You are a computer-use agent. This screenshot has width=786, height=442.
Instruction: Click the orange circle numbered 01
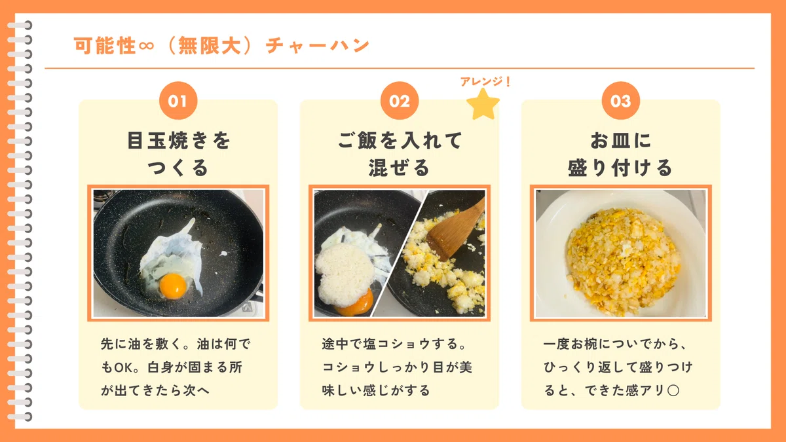tap(178, 101)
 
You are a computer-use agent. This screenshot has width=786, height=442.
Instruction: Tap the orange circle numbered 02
tap(400, 101)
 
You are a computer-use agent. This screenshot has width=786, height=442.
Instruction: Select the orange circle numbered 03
tap(621, 101)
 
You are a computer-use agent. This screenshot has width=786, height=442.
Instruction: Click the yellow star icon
tap(483, 104)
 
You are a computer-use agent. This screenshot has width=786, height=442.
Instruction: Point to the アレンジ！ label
tap(485, 81)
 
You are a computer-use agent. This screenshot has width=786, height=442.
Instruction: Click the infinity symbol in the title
tap(146, 46)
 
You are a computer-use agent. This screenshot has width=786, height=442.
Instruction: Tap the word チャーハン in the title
tap(318, 46)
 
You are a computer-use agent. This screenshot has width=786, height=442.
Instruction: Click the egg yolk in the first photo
tap(173, 286)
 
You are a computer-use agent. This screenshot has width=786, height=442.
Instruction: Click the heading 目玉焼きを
tap(179, 141)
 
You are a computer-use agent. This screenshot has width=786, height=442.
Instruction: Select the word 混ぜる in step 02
tap(399, 168)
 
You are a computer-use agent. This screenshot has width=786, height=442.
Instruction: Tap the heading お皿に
tap(620, 140)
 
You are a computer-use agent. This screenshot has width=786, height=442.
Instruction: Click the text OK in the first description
tap(122, 367)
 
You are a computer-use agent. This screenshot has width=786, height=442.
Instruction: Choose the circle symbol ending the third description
tap(673, 390)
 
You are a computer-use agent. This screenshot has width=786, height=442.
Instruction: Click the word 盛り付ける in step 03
tap(620, 168)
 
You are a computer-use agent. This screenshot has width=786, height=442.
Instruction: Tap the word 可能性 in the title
tap(105, 46)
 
